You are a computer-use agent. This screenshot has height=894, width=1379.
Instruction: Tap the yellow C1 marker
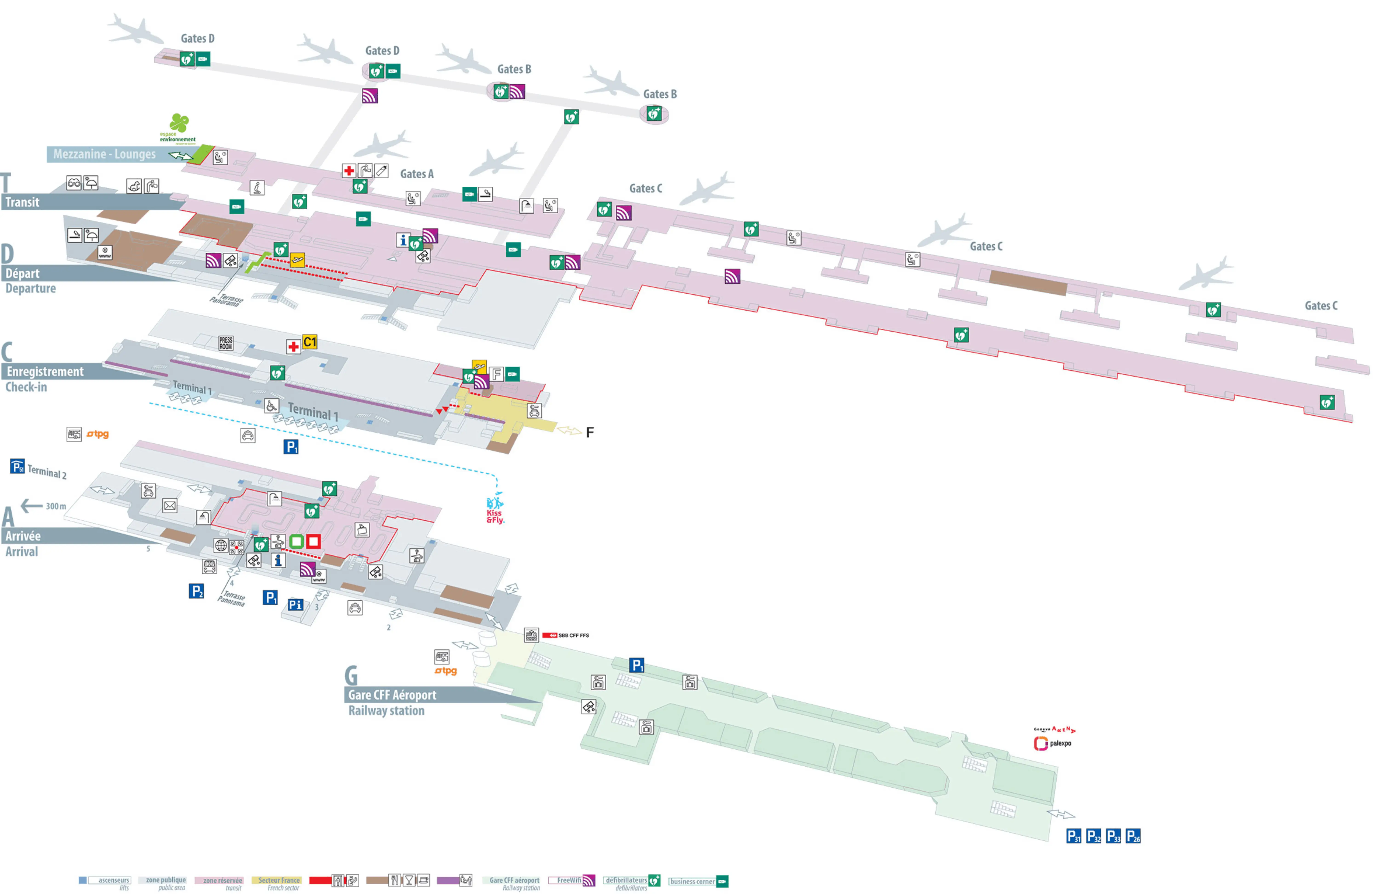point(310,342)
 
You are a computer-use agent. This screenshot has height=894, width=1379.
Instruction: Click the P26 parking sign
point(1133,836)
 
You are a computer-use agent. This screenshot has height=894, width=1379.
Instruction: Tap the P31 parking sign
point(1073,836)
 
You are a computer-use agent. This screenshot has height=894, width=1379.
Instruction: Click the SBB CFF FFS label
point(573,636)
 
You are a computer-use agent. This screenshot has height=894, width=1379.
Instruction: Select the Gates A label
point(417,174)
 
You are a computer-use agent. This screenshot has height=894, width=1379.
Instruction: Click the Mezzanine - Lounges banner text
point(104,154)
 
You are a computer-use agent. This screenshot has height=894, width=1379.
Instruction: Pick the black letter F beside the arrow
point(589,432)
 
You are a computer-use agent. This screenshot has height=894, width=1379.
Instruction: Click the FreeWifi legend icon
point(588,881)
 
